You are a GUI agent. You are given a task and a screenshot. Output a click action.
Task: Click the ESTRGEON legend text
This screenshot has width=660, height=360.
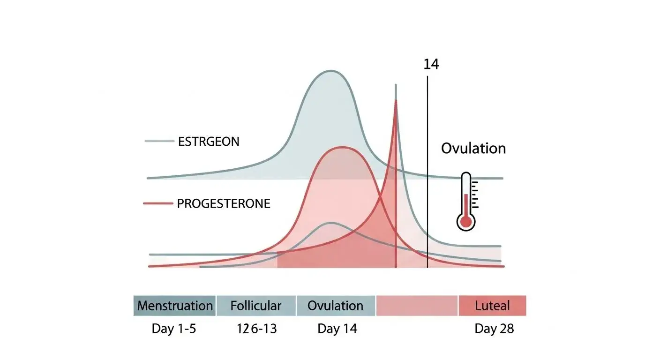[x=209, y=142]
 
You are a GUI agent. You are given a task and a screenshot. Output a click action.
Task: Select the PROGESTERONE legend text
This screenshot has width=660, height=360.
[x=224, y=204]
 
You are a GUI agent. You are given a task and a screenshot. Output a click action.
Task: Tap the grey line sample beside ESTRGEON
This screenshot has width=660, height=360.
[x=159, y=141]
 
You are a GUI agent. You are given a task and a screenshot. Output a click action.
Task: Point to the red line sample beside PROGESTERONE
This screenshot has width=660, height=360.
[x=157, y=204]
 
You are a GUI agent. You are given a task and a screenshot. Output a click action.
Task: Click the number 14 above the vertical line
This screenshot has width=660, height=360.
[x=431, y=64]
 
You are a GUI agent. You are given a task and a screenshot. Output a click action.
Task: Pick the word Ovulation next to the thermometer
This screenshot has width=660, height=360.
[x=473, y=149]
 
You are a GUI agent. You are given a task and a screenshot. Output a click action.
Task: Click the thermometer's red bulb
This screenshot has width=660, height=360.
[x=465, y=222]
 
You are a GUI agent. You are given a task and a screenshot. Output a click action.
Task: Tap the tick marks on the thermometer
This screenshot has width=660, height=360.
[x=475, y=194]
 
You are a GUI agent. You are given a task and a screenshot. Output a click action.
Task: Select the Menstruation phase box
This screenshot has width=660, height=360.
[x=175, y=306]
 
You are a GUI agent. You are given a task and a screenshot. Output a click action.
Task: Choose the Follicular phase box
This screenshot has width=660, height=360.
[x=256, y=306]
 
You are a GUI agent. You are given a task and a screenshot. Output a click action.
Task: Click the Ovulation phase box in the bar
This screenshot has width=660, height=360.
[x=336, y=306]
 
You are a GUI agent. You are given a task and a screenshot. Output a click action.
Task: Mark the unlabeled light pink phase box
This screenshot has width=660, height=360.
[x=417, y=306]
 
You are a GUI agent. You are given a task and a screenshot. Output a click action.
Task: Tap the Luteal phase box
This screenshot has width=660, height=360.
[x=492, y=306]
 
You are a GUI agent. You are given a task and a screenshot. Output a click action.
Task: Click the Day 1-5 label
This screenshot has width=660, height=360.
[x=174, y=329]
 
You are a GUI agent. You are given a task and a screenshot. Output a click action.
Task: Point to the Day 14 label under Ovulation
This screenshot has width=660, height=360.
[x=337, y=329]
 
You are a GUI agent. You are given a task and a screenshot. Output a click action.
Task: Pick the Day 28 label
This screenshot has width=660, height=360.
[x=494, y=329]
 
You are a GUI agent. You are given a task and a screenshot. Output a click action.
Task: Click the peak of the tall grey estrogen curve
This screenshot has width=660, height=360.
[x=330, y=71]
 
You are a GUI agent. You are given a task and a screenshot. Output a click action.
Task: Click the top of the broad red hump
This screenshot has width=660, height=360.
[x=341, y=147]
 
